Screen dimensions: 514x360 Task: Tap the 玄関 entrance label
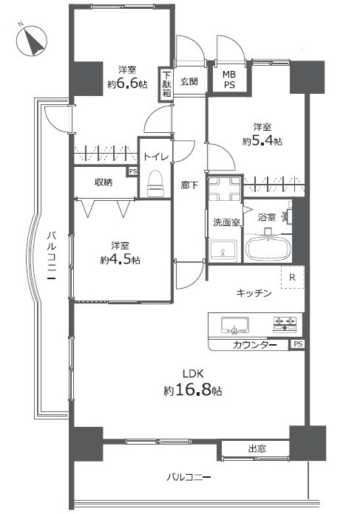(x=189, y=81)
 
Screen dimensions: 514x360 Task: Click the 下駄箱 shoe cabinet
(x=167, y=84)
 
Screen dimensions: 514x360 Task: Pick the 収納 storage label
(x=103, y=182)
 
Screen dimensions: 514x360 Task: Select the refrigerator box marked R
(x=293, y=278)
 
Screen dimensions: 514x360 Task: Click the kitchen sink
(x=235, y=324)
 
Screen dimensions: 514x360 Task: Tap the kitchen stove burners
(x=285, y=322)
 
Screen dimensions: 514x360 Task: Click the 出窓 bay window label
(x=257, y=448)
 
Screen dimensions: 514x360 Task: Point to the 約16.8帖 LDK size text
(x=191, y=390)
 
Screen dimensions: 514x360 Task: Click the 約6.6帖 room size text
(x=127, y=84)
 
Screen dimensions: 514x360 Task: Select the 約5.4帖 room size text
(x=262, y=140)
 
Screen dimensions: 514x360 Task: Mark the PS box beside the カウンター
(x=297, y=345)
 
